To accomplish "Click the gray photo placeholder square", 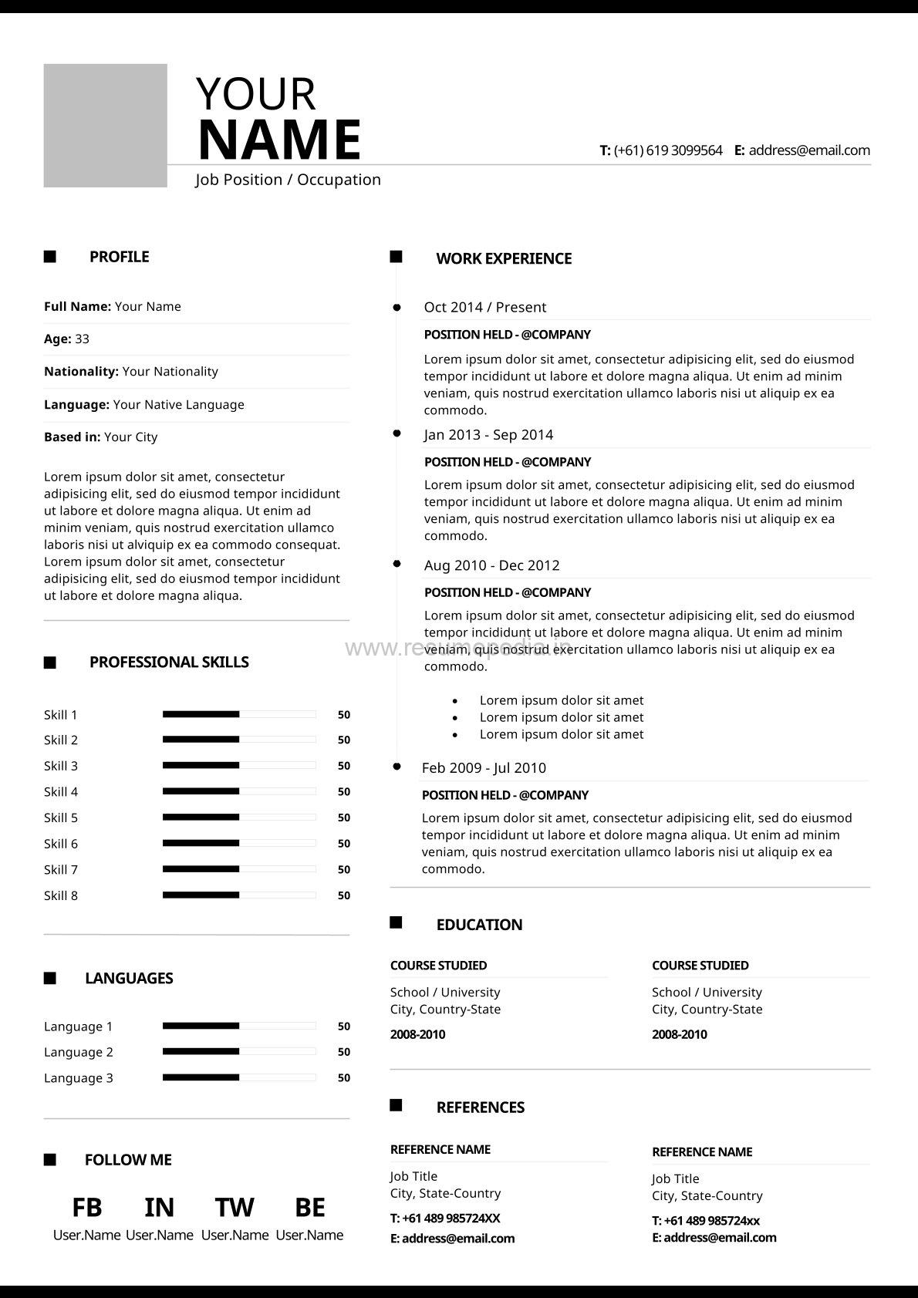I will click(x=105, y=126).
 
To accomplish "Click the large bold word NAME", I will click(x=279, y=140).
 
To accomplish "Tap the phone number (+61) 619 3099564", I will click(x=668, y=150).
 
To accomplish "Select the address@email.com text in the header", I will click(x=809, y=150).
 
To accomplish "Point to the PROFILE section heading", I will click(x=119, y=257).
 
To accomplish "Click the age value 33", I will click(x=82, y=339).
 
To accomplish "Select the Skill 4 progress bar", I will click(x=239, y=791).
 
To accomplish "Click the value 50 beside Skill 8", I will click(x=344, y=895).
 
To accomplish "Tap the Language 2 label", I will click(x=79, y=1052).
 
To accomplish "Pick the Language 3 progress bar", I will click(x=239, y=1077).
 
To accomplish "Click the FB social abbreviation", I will click(x=86, y=1207).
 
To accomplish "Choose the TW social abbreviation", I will click(x=235, y=1207).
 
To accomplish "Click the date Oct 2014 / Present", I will click(x=484, y=307).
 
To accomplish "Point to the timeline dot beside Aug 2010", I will click(x=397, y=564).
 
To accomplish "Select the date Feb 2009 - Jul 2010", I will click(x=484, y=767).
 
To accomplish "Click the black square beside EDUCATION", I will click(x=396, y=922).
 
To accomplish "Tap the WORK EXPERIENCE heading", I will click(x=504, y=258).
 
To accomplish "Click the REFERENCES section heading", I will click(x=480, y=1108).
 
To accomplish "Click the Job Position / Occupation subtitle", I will click(x=288, y=180).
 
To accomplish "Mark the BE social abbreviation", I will click(x=309, y=1207).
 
